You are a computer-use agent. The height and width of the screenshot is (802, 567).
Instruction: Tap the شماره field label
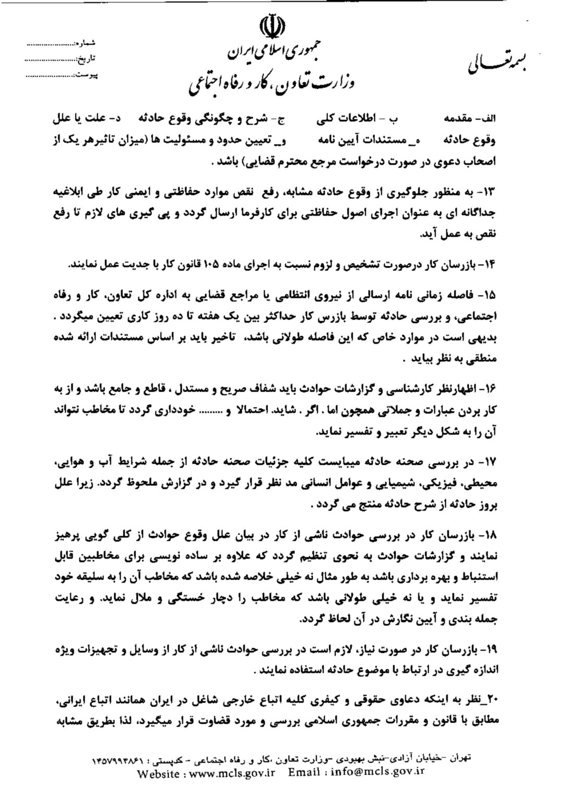[85, 43]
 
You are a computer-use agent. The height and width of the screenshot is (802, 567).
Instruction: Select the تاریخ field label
[86, 59]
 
